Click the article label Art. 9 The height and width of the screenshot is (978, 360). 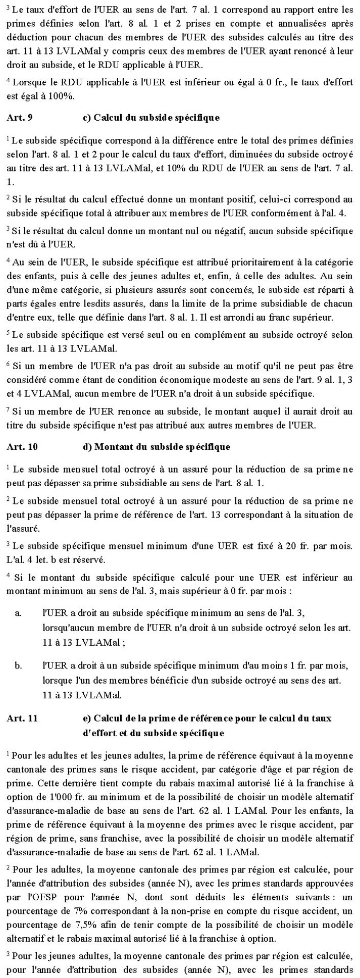click(x=19, y=118)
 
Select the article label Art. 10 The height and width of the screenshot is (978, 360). click(x=21, y=446)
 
